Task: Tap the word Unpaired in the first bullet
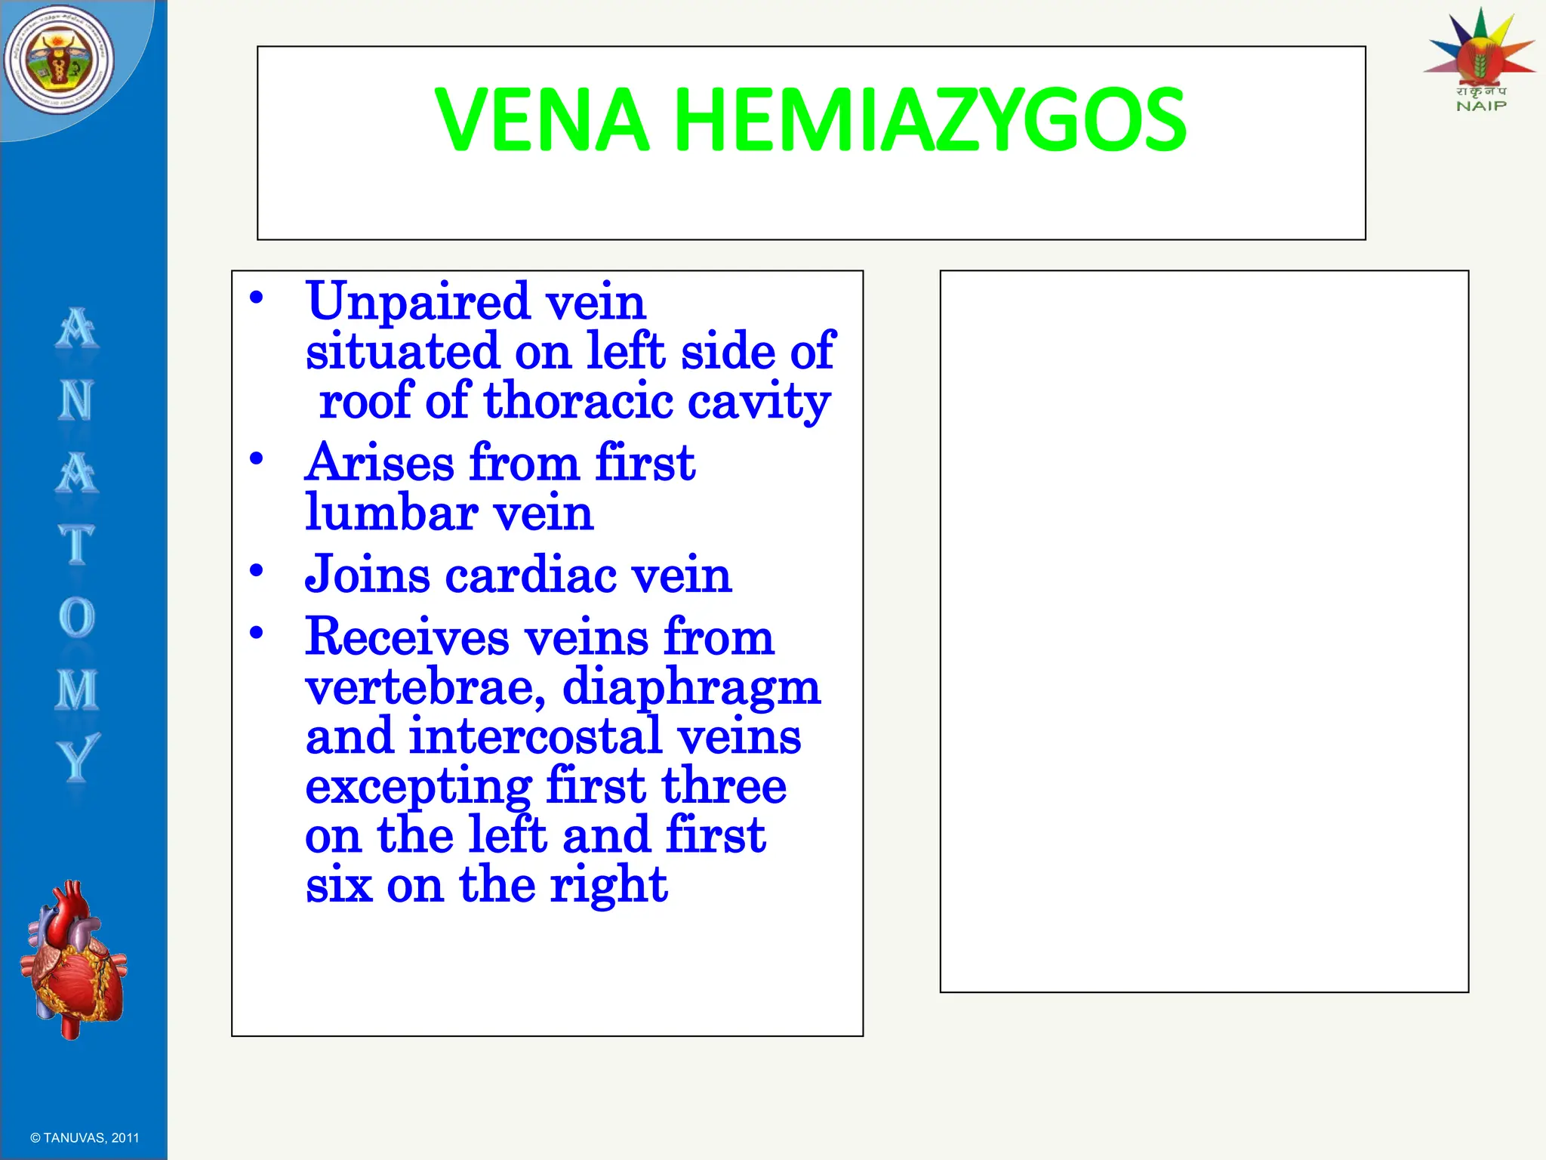pyautogui.click(x=418, y=302)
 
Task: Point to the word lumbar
pyautogui.click(x=391, y=513)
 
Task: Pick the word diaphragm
pyautogui.click(x=691, y=689)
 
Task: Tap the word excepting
pyautogui.click(x=418, y=787)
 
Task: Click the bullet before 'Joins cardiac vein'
pyautogui.click(x=257, y=570)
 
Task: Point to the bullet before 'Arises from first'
pyautogui.click(x=257, y=458)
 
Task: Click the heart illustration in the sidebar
pyautogui.click(x=73, y=959)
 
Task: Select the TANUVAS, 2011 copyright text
pyautogui.click(x=85, y=1137)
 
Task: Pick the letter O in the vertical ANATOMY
pyautogui.click(x=77, y=618)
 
